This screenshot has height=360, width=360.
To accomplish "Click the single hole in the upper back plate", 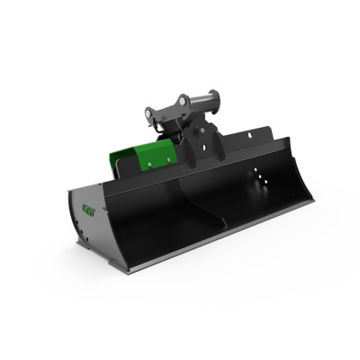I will [246, 142].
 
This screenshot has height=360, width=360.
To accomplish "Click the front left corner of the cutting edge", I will [125, 269].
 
